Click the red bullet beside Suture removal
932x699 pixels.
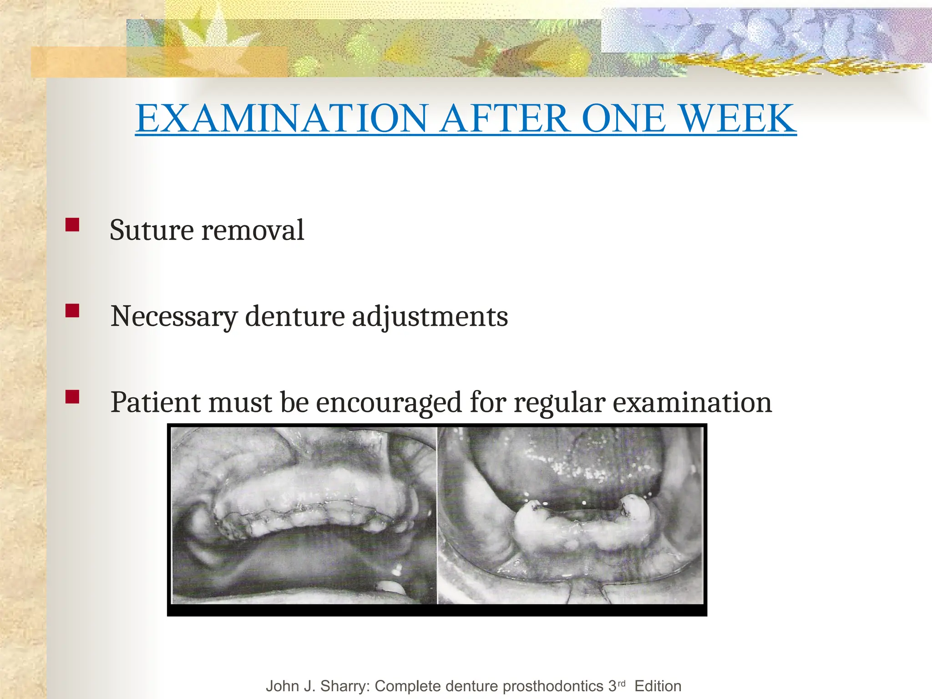tap(72, 225)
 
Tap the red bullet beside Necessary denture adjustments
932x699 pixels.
tap(72, 311)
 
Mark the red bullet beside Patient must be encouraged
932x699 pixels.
tap(72, 397)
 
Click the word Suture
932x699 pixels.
tap(152, 230)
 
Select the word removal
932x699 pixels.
tap(253, 230)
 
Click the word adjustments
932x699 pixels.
tap(430, 317)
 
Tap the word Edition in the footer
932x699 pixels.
tap(658, 686)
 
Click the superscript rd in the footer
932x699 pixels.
tap(621, 683)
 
